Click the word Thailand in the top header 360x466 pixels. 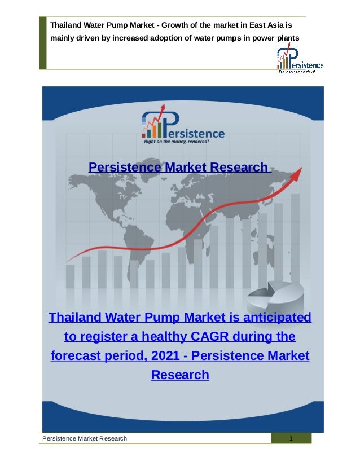click(x=67, y=25)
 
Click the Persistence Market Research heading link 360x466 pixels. click(x=179, y=168)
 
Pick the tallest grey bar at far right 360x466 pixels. click(x=295, y=237)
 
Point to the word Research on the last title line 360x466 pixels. click(x=180, y=375)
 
